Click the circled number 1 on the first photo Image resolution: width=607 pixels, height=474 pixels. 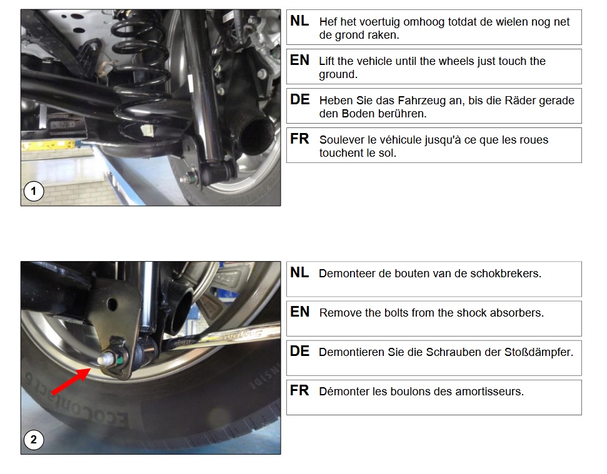(34, 191)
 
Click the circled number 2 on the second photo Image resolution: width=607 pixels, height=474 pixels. (34, 440)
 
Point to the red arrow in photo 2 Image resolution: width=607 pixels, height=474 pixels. (71, 381)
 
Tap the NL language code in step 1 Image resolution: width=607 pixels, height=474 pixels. (299, 21)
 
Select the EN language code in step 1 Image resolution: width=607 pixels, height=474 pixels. (299, 61)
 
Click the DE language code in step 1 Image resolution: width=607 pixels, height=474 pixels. (299, 99)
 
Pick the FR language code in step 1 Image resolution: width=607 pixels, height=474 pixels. (299, 139)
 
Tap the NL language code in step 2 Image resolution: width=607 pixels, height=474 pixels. (299, 272)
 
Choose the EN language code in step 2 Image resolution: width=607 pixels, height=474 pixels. (299, 312)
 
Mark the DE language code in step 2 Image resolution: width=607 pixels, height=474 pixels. (299, 351)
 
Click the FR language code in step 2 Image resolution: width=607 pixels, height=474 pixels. (299, 390)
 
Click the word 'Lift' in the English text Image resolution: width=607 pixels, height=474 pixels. (326, 61)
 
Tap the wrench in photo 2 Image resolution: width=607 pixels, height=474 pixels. (221, 335)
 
